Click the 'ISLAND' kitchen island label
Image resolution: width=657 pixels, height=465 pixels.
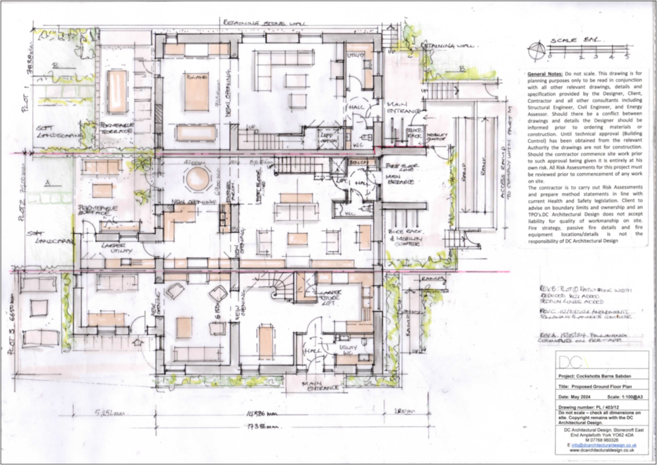click(x=196, y=76)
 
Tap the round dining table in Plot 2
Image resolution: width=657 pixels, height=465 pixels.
click(x=198, y=179)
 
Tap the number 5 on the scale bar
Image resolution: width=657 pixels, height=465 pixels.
click(x=626, y=56)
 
